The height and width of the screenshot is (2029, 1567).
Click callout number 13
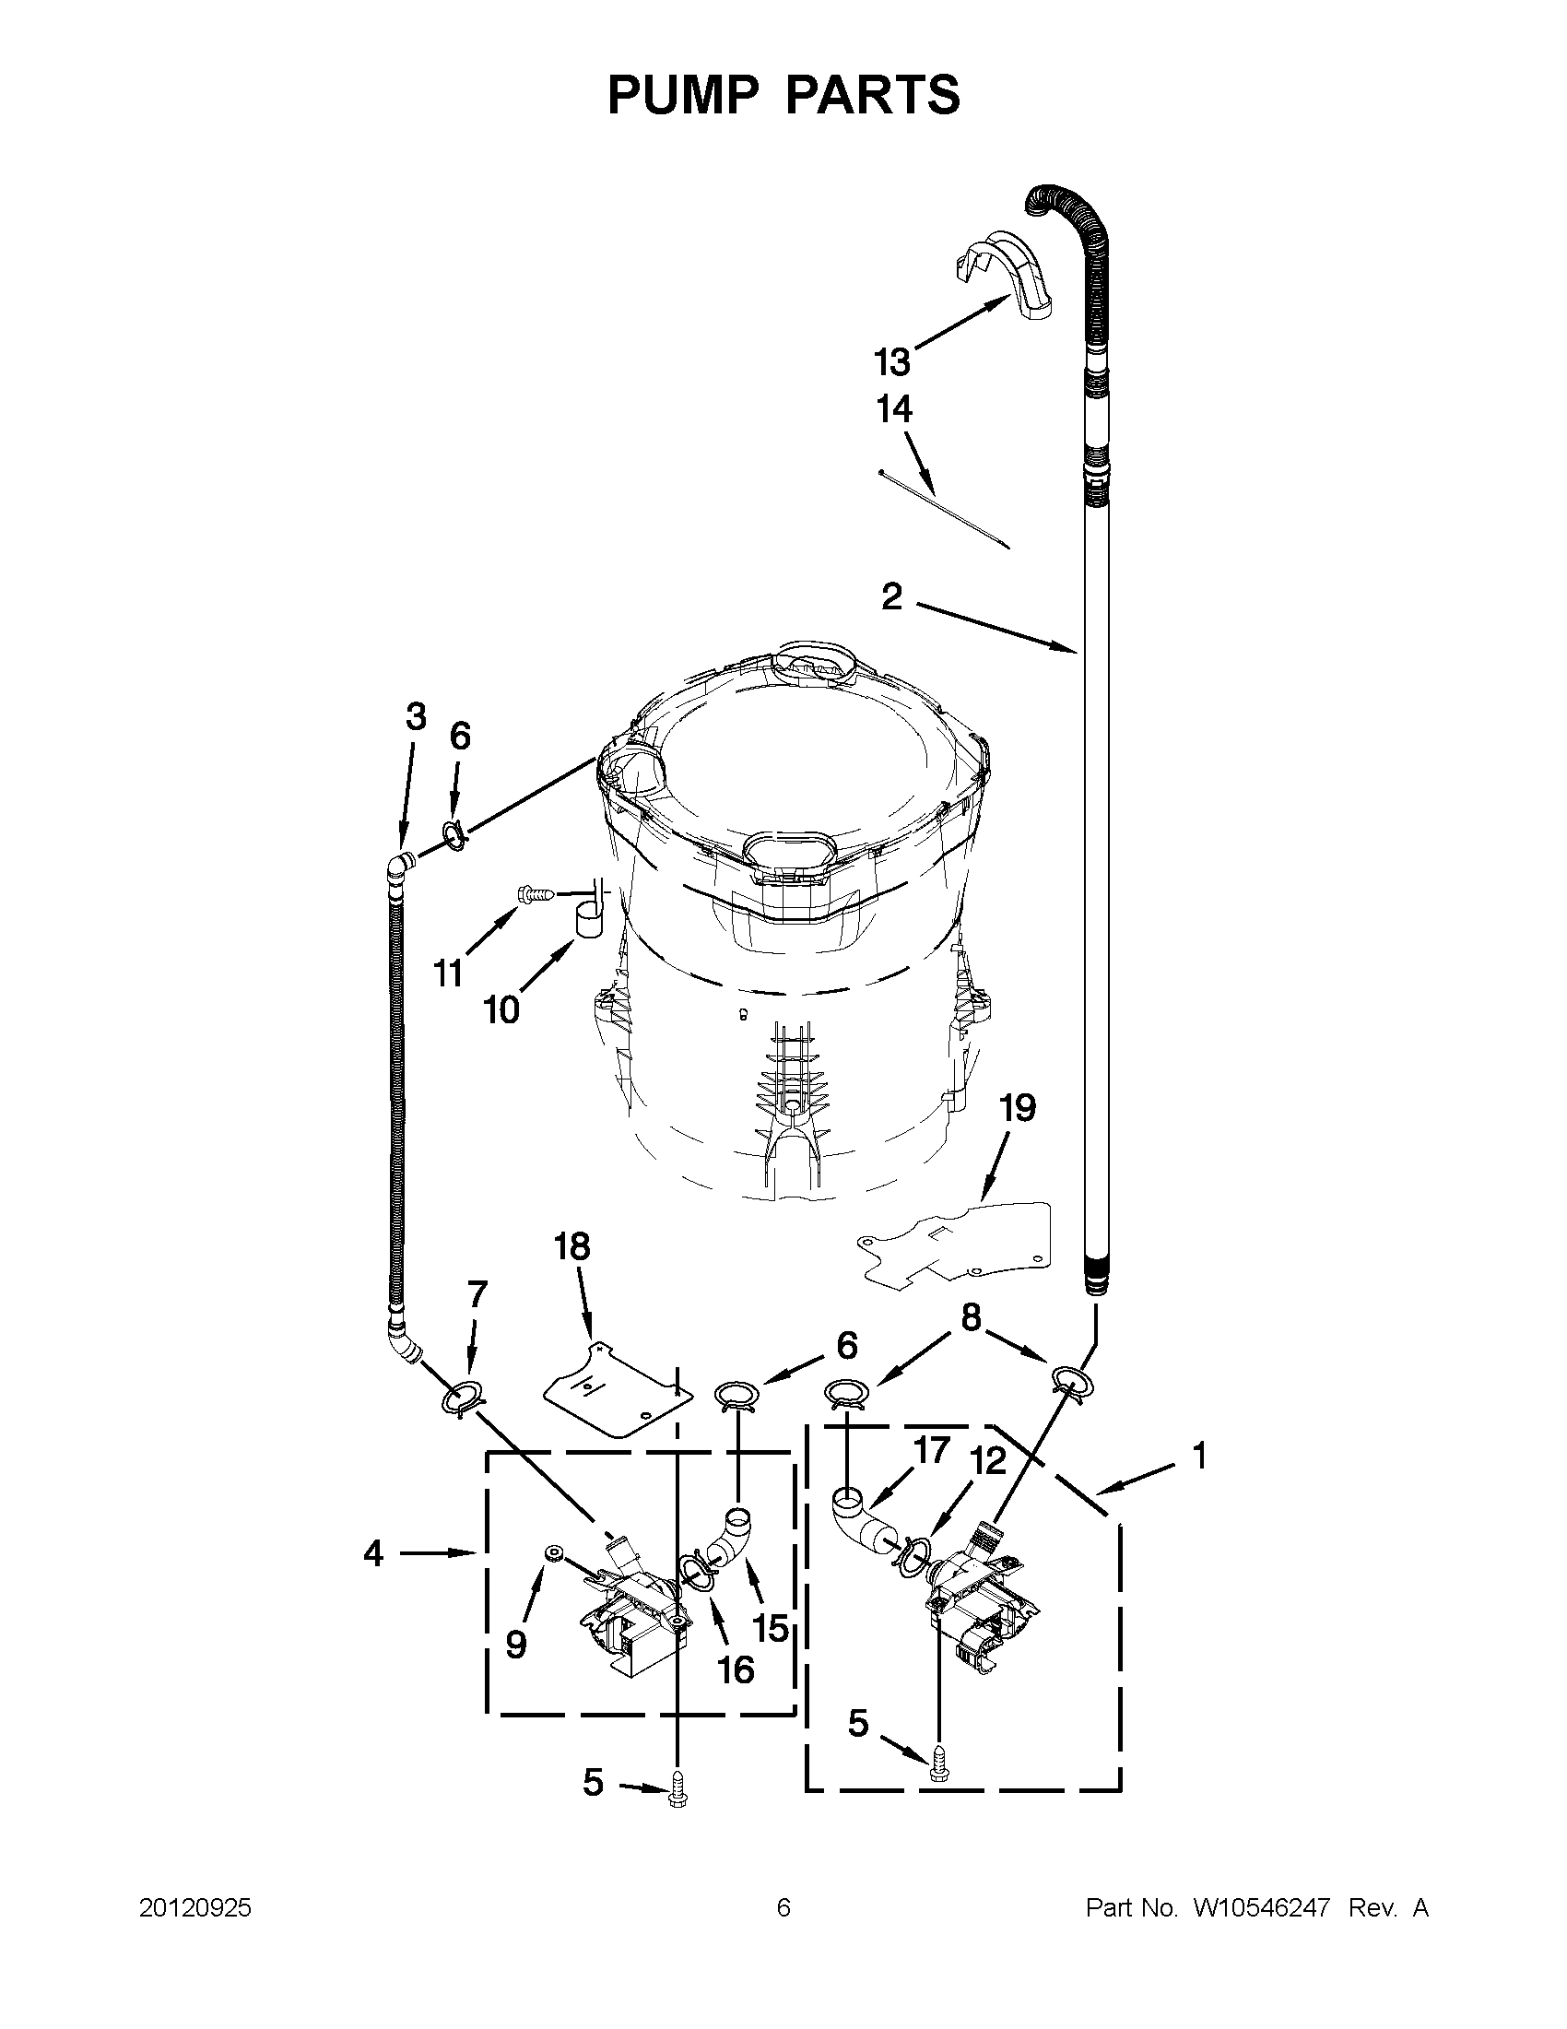click(891, 362)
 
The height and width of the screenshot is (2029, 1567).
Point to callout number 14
click(894, 409)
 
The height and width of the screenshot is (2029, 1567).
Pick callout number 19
click(1017, 1108)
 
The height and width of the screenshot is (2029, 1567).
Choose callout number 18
click(572, 1247)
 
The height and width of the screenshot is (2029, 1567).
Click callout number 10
click(501, 1009)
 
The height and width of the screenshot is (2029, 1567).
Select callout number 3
click(416, 716)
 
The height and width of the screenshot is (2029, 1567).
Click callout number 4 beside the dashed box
click(373, 1553)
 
